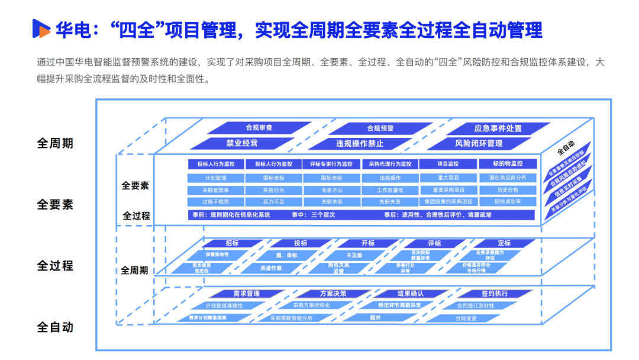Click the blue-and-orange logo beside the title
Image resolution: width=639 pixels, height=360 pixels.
[41, 28]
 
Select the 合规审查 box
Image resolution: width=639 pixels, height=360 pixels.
[259, 128]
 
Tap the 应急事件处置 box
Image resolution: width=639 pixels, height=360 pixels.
[498, 128]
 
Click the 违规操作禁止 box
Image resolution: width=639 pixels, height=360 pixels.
[360, 143]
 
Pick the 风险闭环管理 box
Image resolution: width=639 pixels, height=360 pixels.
[479, 143]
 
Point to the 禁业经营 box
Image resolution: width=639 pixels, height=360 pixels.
[242, 143]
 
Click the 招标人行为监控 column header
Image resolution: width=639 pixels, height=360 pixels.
[216, 164]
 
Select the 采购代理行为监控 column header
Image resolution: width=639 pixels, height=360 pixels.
[390, 164]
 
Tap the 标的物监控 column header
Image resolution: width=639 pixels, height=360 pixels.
[508, 164]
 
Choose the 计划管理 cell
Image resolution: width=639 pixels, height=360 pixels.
[216, 178]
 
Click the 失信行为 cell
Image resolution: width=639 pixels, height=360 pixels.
[273, 190]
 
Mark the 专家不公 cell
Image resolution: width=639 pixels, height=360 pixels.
[332, 190]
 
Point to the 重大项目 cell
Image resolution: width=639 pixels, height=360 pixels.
[448, 178]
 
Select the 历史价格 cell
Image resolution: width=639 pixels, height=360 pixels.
[508, 190]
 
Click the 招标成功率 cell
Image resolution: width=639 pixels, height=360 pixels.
[508, 202]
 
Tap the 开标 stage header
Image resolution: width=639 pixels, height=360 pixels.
[368, 243]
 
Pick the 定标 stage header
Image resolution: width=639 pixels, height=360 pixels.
[504, 243]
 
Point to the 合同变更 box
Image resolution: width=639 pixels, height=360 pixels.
[466, 318]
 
